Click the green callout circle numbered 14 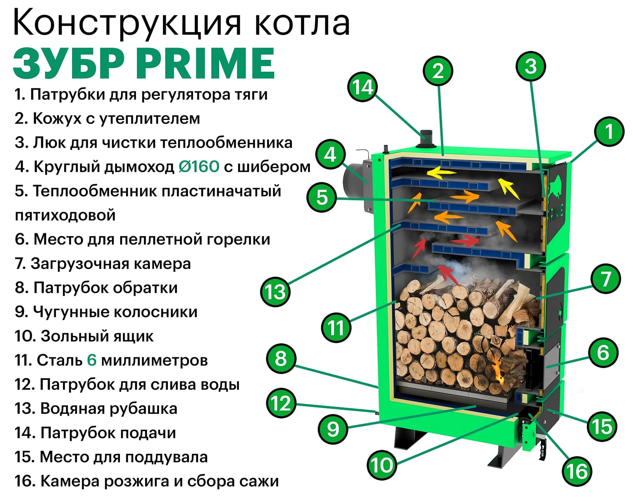[362, 87]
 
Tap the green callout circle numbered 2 [438, 71]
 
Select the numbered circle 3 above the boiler [531, 66]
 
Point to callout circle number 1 [609, 131]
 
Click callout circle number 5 [322, 197]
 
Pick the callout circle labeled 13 [275, 292]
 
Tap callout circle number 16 [577, 471]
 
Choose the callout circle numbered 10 [382, 465]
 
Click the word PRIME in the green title [206, 63]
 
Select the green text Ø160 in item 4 [199, 166]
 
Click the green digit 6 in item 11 [91, 360]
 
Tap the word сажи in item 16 [259, 481]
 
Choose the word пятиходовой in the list [65, 215]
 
